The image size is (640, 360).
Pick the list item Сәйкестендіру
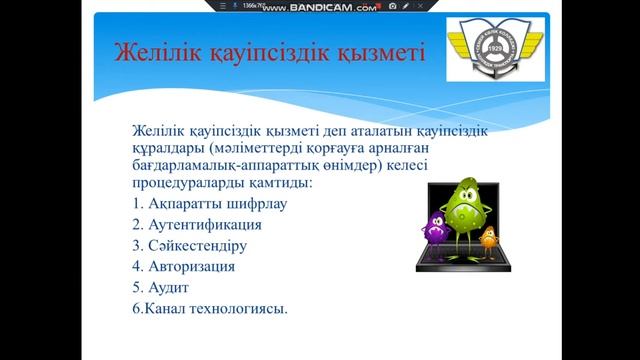point(188,246)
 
